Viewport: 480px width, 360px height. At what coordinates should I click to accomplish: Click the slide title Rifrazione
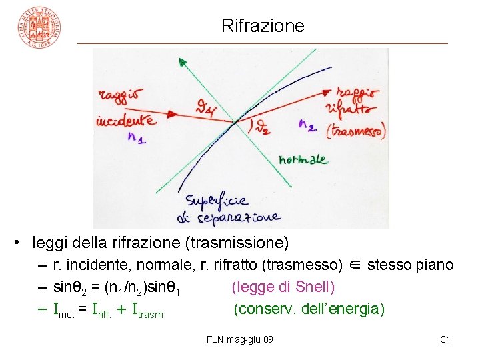coord(263,26)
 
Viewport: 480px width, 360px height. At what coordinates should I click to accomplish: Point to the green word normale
coord(303,159)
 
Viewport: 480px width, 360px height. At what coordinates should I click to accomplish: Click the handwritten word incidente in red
coord(127,121)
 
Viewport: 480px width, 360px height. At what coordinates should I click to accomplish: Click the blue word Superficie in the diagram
coord(217,200)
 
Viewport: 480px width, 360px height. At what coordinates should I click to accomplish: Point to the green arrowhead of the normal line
coord(181,62)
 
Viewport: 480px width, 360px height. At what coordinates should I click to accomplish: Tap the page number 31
coord(446,340)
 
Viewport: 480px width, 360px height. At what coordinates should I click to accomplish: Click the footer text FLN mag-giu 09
coord(240,340)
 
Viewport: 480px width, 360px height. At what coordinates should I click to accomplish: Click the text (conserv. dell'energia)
coord(309,309)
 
